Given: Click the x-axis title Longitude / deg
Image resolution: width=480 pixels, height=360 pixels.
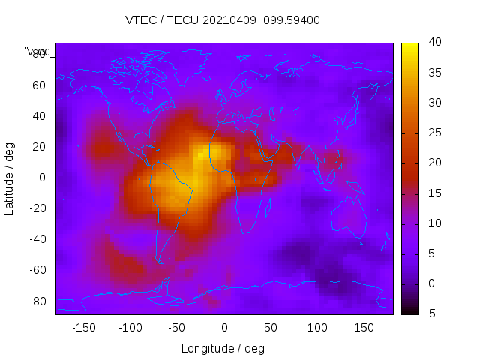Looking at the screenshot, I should [223, 348].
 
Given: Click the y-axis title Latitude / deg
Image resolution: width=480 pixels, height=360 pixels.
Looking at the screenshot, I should [10, 178].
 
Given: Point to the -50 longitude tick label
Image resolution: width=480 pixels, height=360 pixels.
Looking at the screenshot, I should [177, 328].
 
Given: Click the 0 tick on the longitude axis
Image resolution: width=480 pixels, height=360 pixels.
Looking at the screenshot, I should [224, 328].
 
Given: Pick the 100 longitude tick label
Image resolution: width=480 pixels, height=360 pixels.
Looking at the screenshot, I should [317, 328].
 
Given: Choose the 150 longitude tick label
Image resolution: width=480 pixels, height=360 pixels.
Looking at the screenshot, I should [364, 328].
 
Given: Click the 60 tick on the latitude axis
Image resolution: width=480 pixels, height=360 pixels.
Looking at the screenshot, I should [39, 85].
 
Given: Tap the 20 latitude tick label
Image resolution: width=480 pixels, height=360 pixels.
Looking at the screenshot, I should [39, 147].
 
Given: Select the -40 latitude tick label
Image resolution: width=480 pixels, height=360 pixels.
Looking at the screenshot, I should [37, 239].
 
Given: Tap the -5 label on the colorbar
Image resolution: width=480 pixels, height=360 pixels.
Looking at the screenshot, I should [430, 313].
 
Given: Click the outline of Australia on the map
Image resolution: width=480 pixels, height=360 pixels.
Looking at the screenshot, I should [349, 217].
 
